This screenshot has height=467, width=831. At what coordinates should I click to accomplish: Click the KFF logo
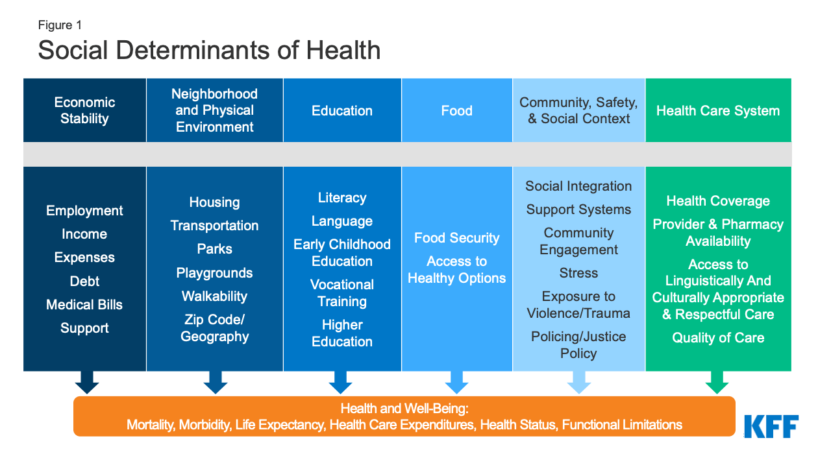pyautogui.click(x=771, y=426)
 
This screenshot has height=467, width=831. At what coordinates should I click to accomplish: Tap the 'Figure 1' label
pyautogui.click(x=60, y=25)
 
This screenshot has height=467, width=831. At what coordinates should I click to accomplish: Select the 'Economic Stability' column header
pyautogui.click(x=84, y=110)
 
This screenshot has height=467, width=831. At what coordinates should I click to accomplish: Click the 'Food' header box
pyautogui.click(x=457, y=110)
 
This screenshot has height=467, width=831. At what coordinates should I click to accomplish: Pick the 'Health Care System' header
pyautogui.click(x=718, y=110)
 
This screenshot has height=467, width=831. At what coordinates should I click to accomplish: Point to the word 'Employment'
pyautogui.click(x=84, y=211)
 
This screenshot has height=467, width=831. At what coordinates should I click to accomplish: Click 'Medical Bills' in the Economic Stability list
pyautogui.click(x=84, y=305)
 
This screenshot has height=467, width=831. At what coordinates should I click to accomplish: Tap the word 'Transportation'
pyautogui.click(x=214, y=226)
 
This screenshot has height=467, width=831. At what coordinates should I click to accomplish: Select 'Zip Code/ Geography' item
pyautogui.click(x=214, y=328)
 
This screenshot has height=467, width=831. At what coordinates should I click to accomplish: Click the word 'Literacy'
pyautogui.click(x=342, y=198)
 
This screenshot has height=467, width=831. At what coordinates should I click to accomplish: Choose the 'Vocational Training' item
pyautogui.click(x=342, y=293)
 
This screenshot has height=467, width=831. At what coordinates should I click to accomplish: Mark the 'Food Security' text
pyautogui.click(x=457, y=238)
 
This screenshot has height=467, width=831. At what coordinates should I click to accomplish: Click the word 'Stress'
pyautogui.click(x=578, y=273)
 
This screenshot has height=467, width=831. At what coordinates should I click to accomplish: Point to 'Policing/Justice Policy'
pyautogui.click(x=578, y=345)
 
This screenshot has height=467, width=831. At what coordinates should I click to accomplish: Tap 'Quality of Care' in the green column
pyautogui.click(x=718, y=338)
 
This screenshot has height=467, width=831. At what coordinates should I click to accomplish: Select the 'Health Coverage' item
pyautogui.click(x=718, y=201)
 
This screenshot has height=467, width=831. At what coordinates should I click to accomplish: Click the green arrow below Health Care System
pyautogui.click(x=717, y=383)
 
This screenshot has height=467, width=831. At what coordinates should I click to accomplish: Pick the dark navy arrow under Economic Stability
pyautogui.click(x=87, y=383)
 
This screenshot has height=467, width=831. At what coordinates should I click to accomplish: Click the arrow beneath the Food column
pyautogui.click(x=457, y=383)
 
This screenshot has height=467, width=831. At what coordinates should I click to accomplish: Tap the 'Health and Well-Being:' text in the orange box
pyautogui.click(x=404, y=409)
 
